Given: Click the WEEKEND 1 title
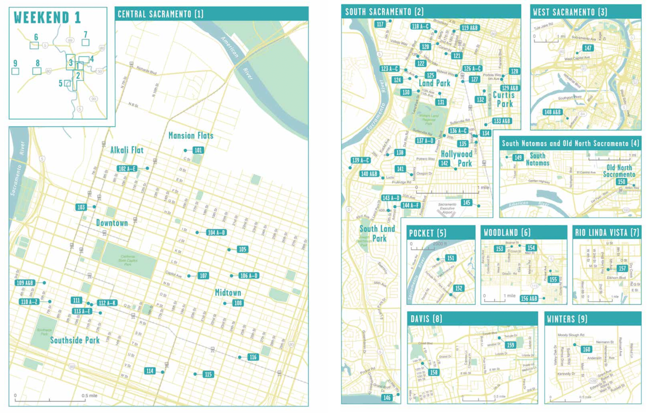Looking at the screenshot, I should [x=47, y=18].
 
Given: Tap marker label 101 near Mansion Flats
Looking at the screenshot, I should [x=198, y=150].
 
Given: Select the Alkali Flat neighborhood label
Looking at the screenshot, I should [x=127, y=150].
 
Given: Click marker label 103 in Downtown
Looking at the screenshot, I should [x=81, y=207].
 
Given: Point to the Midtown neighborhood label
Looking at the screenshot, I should [x=228, y=293].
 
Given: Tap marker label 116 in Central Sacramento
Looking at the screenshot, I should [x=253, y=357].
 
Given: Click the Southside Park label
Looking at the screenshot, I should [x=75, y=340].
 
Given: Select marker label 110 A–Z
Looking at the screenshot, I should [x=29, y=302].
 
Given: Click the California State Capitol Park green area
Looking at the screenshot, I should [x=129, y=260].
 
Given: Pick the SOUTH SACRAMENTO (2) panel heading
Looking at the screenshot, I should [x=384, y=12].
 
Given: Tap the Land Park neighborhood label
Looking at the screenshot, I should [x=434, y=83].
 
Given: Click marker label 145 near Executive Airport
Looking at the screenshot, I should [x=466, y=203].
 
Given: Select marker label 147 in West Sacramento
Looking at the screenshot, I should [x=588, y=48].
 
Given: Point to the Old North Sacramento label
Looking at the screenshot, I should [x=619, y=171].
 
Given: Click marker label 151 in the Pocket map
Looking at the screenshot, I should [x=450, y=258].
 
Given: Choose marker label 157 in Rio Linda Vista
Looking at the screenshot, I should [x=622, y=268].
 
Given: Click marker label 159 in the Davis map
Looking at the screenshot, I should [x=510, y=345].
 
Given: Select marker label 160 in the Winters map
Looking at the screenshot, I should [x=586, y=349].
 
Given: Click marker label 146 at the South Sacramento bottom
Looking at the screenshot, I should [x=387, y=397].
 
